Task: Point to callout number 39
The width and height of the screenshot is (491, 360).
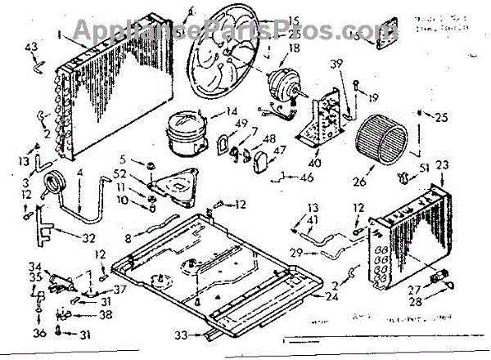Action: coord(336,65)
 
